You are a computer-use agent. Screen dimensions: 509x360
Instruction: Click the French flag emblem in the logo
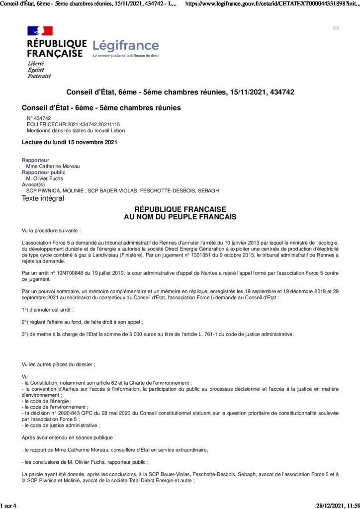coord(40,31)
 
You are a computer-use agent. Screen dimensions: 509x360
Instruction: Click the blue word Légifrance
coord(126,46)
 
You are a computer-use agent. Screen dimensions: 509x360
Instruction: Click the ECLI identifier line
coord(73,124)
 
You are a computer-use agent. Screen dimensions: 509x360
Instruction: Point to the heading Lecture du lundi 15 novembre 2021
coord(69,143)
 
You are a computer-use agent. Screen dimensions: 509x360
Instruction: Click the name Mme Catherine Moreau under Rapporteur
coord(53,166)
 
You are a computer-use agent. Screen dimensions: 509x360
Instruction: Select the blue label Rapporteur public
coord(43,172)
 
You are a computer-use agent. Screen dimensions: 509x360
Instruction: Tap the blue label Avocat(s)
coord(33,184)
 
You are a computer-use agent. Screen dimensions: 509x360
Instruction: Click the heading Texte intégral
coord(43,198)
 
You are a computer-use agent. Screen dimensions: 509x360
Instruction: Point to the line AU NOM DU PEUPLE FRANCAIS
coord(180,217)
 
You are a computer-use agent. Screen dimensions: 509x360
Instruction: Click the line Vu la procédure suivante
coord(51,231)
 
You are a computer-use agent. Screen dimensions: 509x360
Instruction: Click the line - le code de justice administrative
coord(61,425)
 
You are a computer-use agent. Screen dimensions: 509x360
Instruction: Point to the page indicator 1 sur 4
coord(9,506)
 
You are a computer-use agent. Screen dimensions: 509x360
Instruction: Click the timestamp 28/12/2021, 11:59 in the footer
coord(338,506)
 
